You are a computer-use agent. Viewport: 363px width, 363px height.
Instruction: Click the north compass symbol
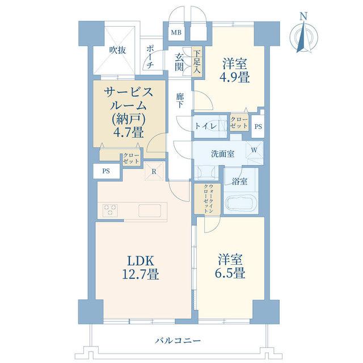coord(304,35)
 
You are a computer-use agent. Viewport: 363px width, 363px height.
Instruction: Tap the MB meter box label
coord(176,32)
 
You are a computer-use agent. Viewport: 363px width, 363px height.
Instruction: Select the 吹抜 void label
coord(118,50)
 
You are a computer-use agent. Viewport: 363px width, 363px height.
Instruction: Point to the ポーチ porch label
coord(150,57)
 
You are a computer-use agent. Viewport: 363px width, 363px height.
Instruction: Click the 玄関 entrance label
coord(179,62)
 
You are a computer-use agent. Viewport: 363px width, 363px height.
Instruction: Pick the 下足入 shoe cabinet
coord(197,62)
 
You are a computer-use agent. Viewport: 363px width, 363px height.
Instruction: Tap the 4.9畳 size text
coord(234,78)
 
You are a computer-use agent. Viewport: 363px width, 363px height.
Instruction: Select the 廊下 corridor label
coord(180,100)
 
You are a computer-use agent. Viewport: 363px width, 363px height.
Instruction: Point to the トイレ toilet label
coord(206,126)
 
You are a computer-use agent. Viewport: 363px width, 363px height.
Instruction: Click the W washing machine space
coord(254,150)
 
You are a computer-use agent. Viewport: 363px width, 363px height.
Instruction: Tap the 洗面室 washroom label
coord(223,154)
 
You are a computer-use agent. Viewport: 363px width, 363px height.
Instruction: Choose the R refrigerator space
coord(154,171)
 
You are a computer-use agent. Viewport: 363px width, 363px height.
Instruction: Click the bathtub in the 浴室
coord(241,203)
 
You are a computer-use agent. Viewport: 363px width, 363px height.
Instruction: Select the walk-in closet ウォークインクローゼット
coord(208,199)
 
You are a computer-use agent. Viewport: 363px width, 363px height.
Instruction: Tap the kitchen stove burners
coord(110,210)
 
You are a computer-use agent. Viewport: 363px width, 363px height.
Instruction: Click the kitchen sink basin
coord(150,210)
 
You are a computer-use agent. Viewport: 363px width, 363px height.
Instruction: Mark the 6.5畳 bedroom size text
coord(230,273)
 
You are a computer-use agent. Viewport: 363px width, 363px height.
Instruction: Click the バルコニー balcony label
coord(178,340)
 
